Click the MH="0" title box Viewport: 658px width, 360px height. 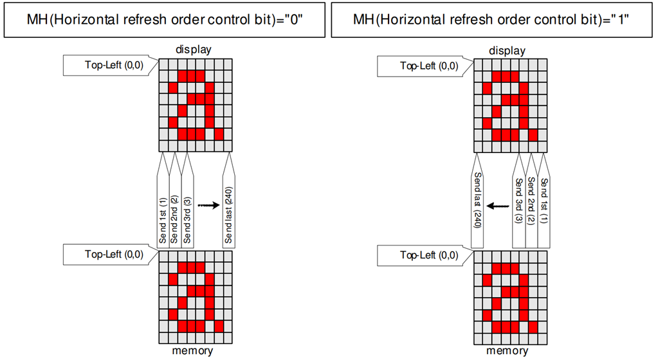tap(165, 19)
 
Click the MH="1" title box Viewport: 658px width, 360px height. tap(492, 19)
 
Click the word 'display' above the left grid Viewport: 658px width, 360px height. tap(194, 49)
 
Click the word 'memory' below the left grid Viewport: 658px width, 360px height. tap(192, 351)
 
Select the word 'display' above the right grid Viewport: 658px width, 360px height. tap(507, 50)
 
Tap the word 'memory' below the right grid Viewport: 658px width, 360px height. tap(507, 351)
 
